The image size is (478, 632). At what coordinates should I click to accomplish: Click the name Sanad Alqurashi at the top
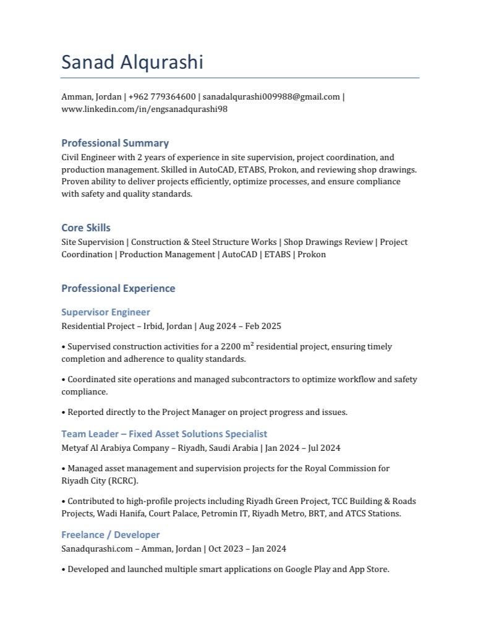[x=132, y=62]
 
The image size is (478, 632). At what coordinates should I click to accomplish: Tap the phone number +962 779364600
[x=162, y=97]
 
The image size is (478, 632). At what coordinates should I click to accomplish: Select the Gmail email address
[x=271, y=97]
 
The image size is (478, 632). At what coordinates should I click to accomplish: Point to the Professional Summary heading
[x=115, y=143]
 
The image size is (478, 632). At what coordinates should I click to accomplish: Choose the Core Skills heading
[x=86, y=228]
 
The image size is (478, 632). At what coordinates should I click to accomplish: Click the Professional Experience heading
[x=118, y=288]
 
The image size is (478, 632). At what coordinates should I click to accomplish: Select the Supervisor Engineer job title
[x=106, y=312]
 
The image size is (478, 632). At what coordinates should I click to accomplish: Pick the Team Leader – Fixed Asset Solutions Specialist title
[x=164, y=434]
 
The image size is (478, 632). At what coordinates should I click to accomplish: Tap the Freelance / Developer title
[x=111, y=535]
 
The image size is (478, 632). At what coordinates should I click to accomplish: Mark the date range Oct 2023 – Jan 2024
[x=247, y=549]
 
